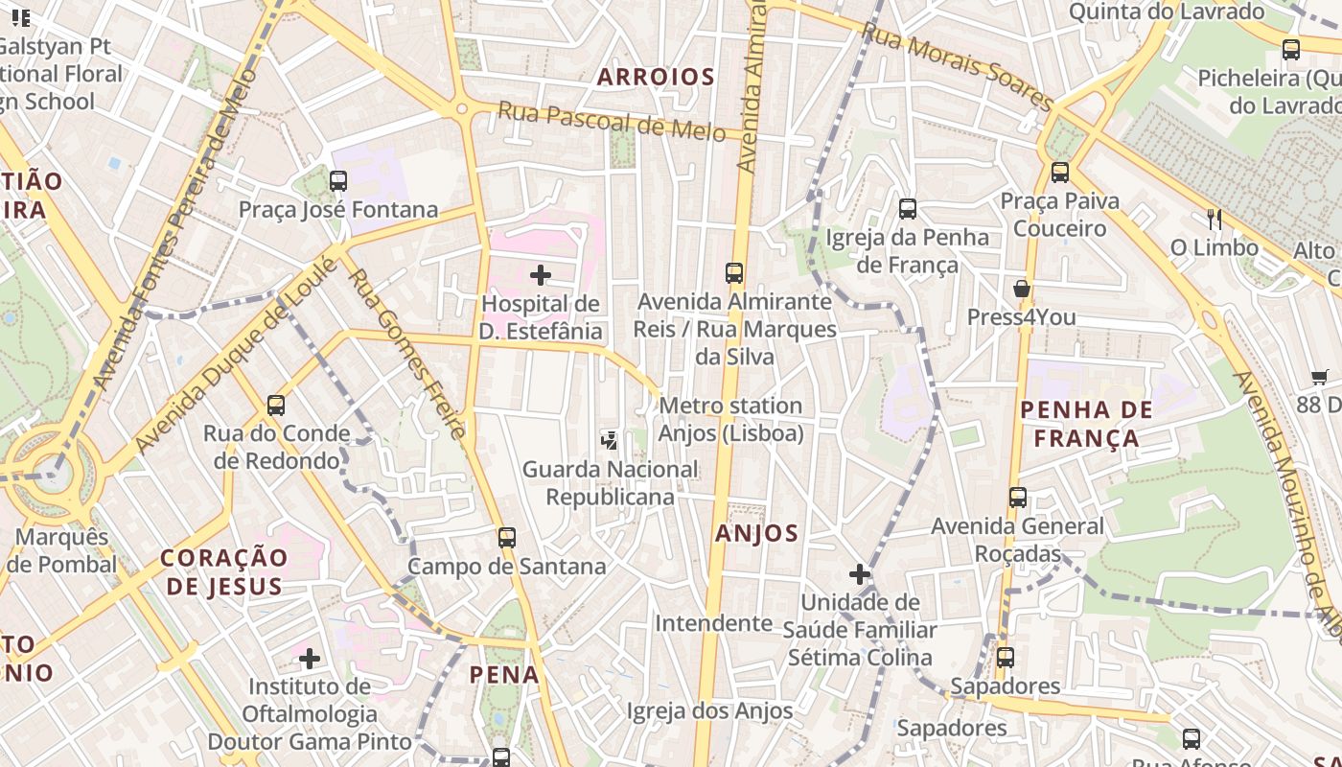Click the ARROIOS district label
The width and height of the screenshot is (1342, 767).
(656, 77)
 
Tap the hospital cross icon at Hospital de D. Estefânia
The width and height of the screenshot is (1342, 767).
(541, 275)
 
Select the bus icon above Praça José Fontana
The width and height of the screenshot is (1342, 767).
(337, 180)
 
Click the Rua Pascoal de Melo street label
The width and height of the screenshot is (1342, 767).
(611, 122)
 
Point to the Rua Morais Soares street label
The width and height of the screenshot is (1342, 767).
(957, 65)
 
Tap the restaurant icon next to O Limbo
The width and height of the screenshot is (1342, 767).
(1215, 220)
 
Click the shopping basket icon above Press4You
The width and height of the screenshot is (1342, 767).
(1022, 289)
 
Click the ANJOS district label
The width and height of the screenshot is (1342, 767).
(756, 534)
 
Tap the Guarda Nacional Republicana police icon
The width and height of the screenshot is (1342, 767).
(609, 440)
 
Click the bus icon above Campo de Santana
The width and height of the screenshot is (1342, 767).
(507, 538)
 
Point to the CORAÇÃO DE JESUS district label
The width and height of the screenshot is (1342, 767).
(224, 571)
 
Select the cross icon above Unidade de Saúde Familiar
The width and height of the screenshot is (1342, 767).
(860, 574)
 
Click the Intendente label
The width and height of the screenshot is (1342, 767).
(713, 623)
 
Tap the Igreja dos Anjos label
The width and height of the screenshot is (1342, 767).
(709, 710)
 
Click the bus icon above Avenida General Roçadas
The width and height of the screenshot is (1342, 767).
(1018, 498)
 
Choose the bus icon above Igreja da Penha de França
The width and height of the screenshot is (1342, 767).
(907, 208)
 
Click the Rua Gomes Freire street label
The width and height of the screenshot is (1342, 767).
(406, 353)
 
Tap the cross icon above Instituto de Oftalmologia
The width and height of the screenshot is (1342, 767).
(309, 658)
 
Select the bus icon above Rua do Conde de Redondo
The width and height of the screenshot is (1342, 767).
(276, 405)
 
